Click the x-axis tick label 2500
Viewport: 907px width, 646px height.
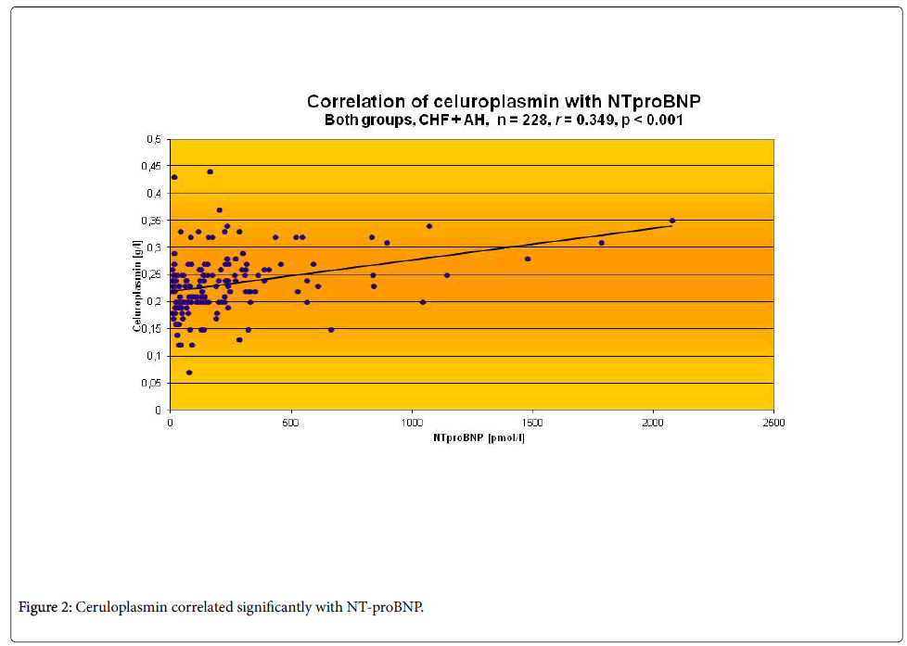(x=773, y=423)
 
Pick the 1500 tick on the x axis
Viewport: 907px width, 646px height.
(x=532, y=423)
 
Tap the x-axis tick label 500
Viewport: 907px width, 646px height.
(x=291, y=423)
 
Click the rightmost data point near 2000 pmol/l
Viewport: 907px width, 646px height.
(x=672, y=221)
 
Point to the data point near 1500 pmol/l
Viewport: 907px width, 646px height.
(x=528, y=259)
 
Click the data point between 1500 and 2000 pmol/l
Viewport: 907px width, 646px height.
(x=601, y=243)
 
